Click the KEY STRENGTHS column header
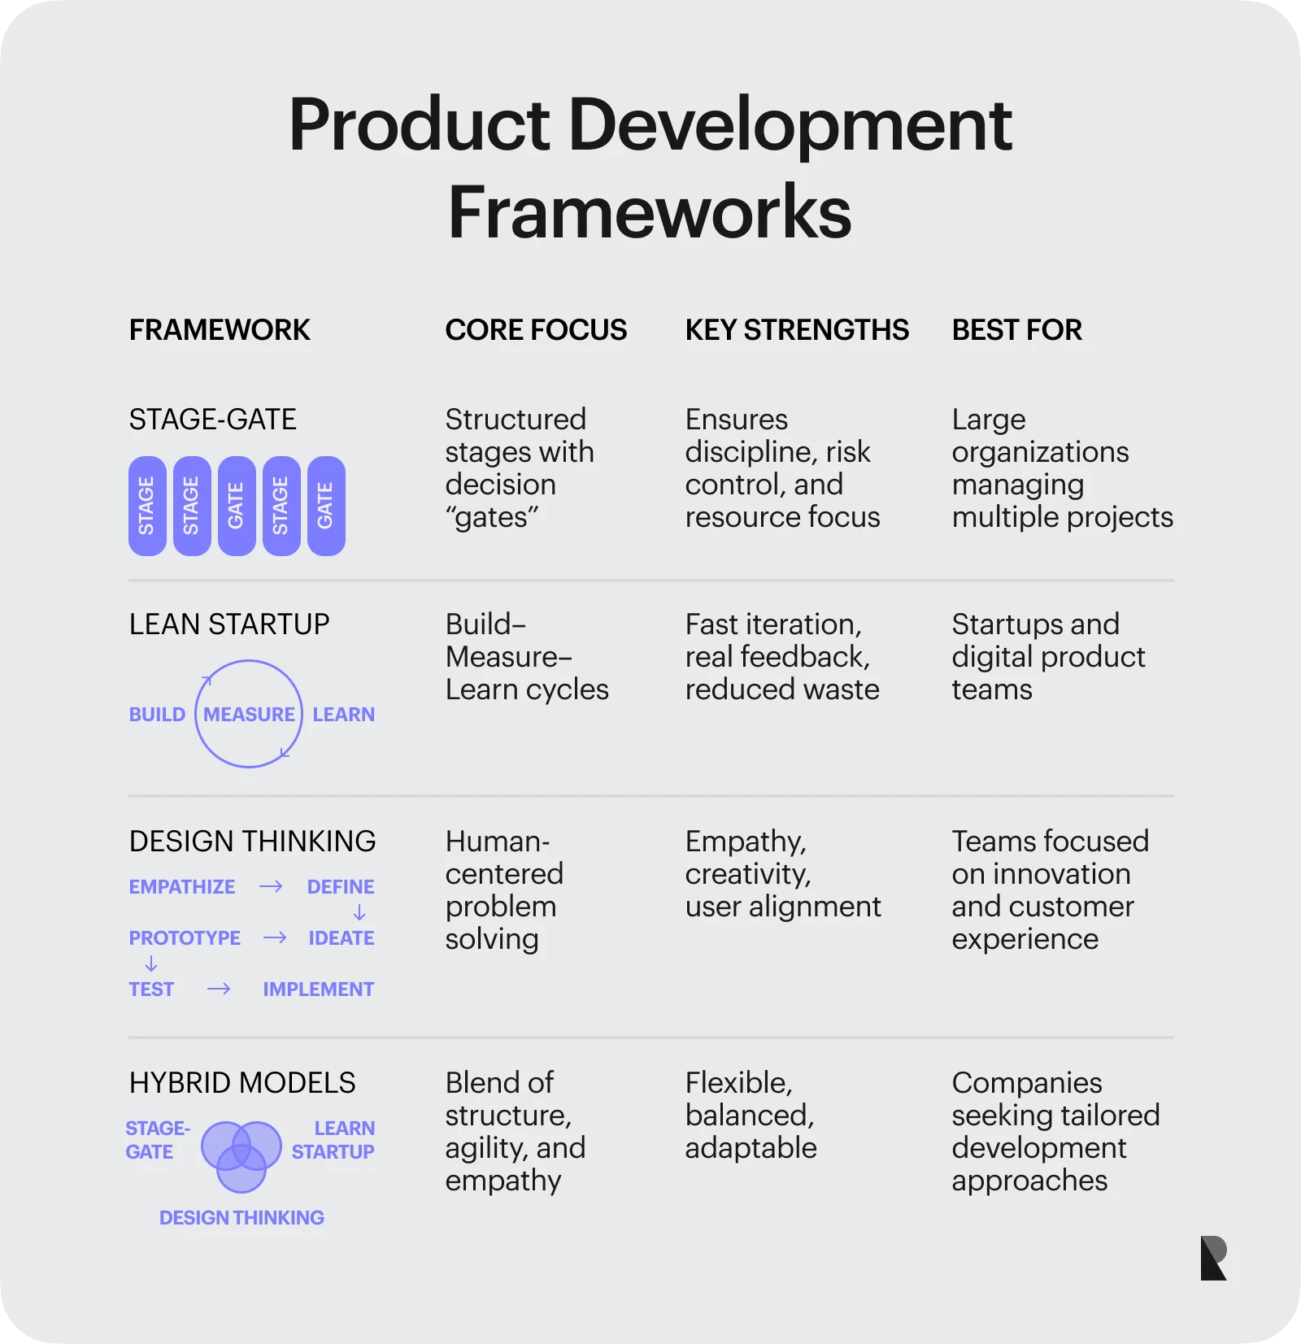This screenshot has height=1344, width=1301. click(x=797, y=330)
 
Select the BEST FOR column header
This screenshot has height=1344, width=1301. click(x=1016, y=330)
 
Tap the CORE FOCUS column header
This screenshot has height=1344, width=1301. click(x=536, y=330)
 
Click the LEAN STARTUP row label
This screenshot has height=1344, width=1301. click(x=229, y=624)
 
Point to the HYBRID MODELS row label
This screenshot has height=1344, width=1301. click(x=242, y=1083)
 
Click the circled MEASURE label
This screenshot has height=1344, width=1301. click(x=249, y=714)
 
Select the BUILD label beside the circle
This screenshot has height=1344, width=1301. click(x=157, y=714)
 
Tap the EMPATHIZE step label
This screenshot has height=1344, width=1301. click(x=182, y=886)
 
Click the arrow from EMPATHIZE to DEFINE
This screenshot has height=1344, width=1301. click(x=271, y=886)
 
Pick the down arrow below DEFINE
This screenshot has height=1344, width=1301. click(x=359, y=912)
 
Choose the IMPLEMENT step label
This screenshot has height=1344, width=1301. click(x=318, y=989)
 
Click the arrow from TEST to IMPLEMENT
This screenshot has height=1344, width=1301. click(x=219, y=989)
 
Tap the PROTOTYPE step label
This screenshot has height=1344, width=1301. click(x=185, y=937)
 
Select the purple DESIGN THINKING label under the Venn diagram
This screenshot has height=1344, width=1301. click(x=241, y=1217)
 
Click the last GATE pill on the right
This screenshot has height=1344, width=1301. click(x=326, y=506)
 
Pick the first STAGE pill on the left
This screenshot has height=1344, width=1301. click(x=147, y=506)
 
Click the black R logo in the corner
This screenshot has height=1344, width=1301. click(x=1213, y=1258)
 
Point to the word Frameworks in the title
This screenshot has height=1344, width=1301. click(x=650, y=211)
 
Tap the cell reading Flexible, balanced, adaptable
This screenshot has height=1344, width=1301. click(x=751, y=1116)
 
